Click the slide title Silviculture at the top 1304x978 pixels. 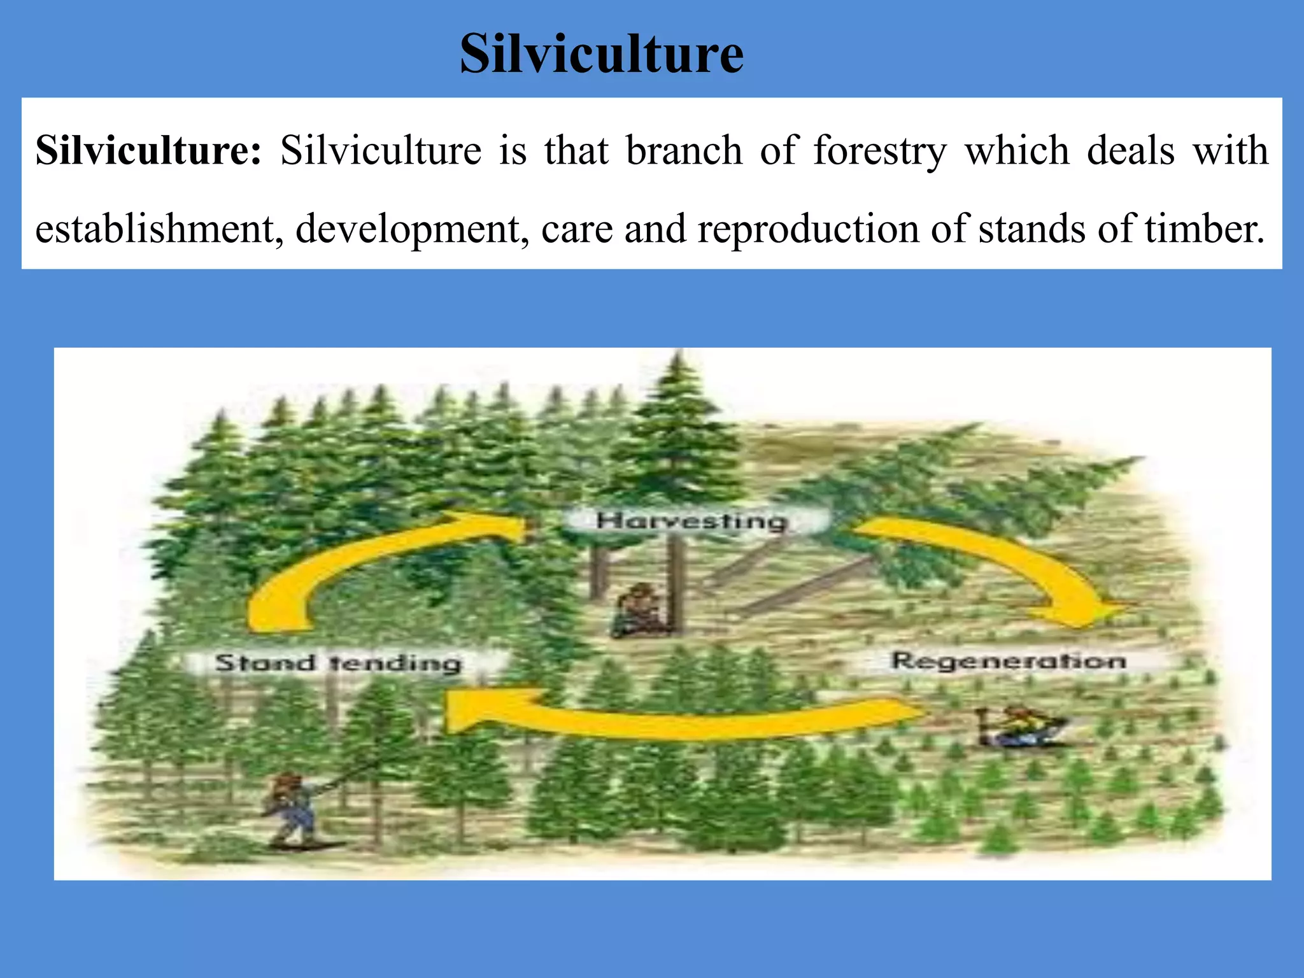(601, 53)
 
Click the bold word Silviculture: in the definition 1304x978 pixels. (148, 151)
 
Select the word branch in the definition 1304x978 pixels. (684, 151)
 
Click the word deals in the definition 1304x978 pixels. (1130, 151)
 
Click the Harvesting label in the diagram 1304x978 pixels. (692, 521)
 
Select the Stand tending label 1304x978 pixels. (338, 663)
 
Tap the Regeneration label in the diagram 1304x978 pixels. (1008, 661)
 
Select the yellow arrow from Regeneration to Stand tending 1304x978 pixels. (675, 719)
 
